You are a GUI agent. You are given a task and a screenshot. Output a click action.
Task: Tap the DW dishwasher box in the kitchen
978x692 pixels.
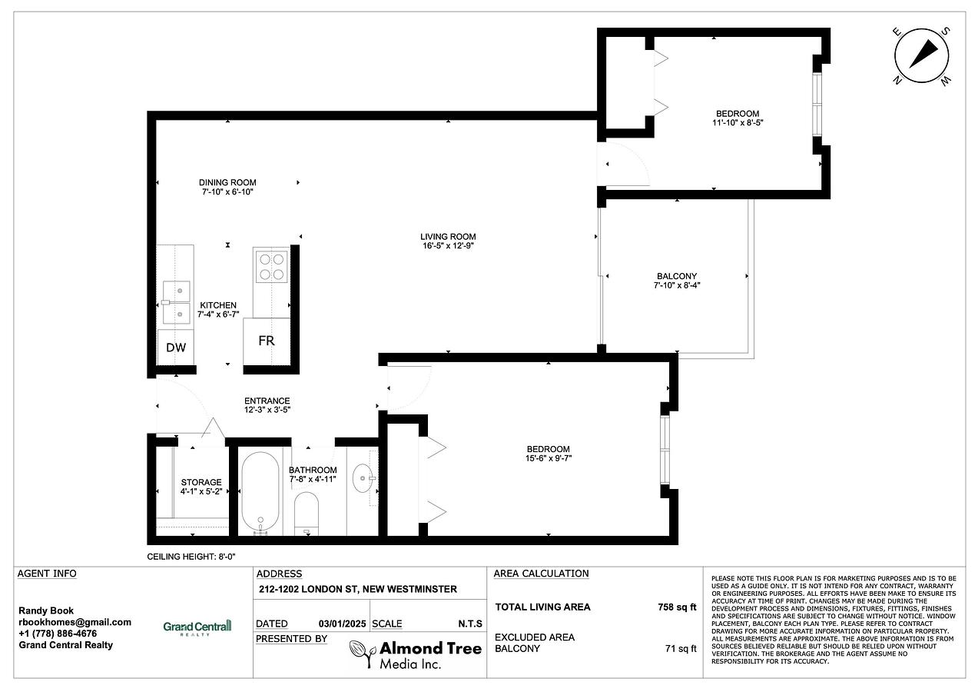pos(175,348)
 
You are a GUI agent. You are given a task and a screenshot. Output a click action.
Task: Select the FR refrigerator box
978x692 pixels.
pos(267,341)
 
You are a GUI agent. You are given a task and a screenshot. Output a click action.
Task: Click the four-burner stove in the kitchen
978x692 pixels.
pos(271,267)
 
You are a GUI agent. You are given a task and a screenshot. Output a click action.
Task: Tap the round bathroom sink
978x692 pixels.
pos(363,478)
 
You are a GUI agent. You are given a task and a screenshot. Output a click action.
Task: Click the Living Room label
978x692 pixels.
pos(448,236)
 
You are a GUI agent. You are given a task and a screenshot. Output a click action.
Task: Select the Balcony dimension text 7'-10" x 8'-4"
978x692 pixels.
pos(677,285)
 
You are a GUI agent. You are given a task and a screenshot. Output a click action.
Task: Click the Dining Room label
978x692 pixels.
pos(227,182)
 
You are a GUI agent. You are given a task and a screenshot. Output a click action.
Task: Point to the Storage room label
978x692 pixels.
pos(201,482)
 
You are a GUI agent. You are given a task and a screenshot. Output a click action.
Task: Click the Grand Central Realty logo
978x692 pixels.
pos(197,627)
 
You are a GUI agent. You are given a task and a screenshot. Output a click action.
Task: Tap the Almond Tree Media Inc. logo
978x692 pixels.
pos(416,654)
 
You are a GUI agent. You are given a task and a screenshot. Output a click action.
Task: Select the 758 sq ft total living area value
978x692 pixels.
pos(677,607)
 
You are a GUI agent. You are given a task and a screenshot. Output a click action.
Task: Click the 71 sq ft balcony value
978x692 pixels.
pos(681,648)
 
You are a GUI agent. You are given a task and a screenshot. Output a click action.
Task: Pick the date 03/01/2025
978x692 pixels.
pos(342,624)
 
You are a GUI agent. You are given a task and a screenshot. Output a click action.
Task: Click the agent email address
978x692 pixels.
pos(75,622)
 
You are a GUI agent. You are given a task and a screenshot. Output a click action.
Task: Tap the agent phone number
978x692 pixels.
pos(58,634)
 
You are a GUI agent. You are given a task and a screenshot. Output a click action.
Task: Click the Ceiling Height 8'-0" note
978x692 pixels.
pos(191,557)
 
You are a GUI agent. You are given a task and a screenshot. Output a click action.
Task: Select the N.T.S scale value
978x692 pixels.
pos(470,624)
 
